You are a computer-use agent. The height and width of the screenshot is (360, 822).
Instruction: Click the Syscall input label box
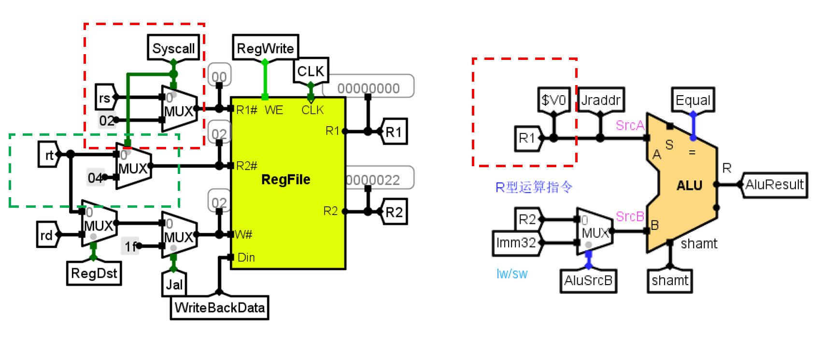173,48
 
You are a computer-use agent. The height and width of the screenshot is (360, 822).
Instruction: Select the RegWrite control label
265,48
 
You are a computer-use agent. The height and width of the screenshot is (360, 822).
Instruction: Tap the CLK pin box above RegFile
311,71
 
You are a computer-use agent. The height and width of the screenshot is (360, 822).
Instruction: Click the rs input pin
105,98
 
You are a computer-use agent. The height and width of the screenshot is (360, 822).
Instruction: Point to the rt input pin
49,155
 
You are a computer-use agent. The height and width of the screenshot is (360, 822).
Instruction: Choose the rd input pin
46,235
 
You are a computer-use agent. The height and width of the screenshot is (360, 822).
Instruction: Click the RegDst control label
94,273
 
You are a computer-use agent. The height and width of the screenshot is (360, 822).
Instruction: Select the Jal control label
174,284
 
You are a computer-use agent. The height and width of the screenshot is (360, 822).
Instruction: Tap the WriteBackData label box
220,308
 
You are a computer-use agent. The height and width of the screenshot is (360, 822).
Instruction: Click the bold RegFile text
285,180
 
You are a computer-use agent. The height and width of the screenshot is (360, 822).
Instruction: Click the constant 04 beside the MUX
95,178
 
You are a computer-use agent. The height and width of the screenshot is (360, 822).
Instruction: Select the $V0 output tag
553,100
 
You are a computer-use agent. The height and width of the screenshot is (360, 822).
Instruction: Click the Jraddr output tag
600,100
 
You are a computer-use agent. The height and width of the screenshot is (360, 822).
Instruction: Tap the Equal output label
693,100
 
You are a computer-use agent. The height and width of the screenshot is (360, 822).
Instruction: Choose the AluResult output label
774,185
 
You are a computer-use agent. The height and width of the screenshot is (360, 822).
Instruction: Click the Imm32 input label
516,242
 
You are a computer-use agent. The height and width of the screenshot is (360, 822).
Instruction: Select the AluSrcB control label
588,280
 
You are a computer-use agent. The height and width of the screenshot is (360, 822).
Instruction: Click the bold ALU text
689,186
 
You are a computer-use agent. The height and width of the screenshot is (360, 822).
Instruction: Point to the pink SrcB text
630,216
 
